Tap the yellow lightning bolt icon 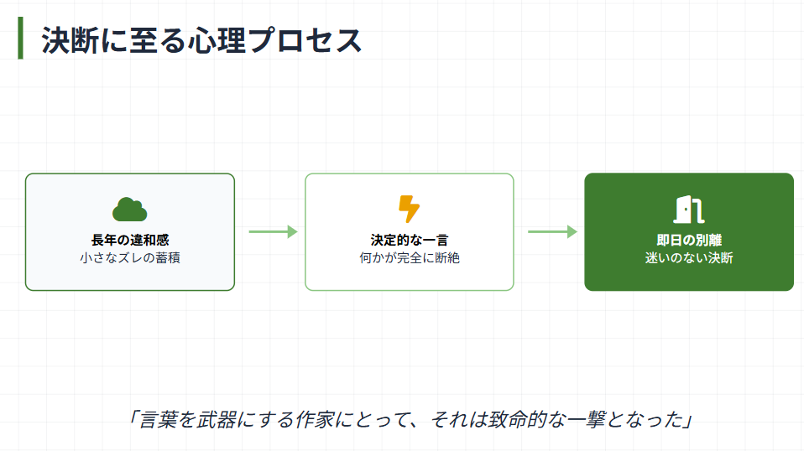tap(409, 209)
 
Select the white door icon tap(688, 209)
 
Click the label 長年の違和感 tap(130, 240)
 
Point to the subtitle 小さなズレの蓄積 tap(130, 257)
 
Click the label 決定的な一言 tap(409, 240)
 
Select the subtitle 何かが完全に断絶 tap(409, 257)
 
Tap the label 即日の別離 tap(688, 240)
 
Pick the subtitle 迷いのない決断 tap(688, 257)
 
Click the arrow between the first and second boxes tap(273, 232)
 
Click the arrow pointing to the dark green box tap(552, 232)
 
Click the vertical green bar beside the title tap(20, 39)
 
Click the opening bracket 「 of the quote tap(134, 419)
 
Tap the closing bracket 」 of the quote tap(685, 419)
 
